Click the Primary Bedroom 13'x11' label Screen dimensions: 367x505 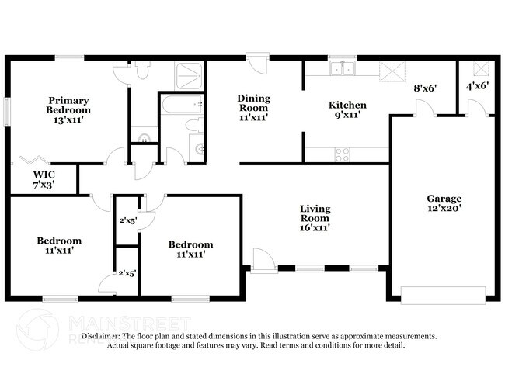click(68, 110)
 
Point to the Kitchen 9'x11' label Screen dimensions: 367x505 click(347, 110)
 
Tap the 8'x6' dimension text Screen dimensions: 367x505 click(423, 88)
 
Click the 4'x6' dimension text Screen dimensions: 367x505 click(477, 86)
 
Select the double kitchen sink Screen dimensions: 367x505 click(340, 71)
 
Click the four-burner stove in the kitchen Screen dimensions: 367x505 click(343, 154)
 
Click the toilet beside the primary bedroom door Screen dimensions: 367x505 click(141, 71)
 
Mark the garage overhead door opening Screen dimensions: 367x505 click(437, 294)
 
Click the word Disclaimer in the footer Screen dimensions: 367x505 click(102, 336)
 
